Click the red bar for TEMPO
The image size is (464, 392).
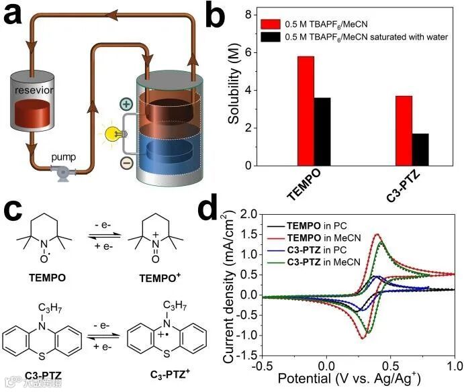click(306, 111)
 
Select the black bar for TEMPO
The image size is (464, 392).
click(322, 132)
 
